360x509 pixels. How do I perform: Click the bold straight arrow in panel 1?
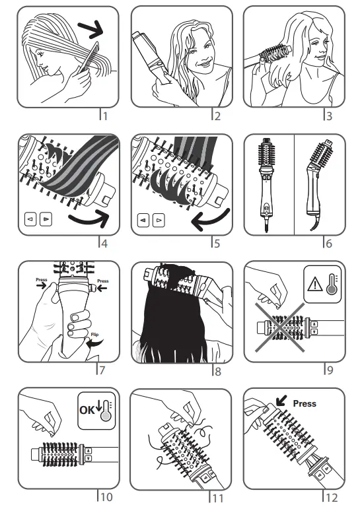pyautogui.click(x=89, y=28)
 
